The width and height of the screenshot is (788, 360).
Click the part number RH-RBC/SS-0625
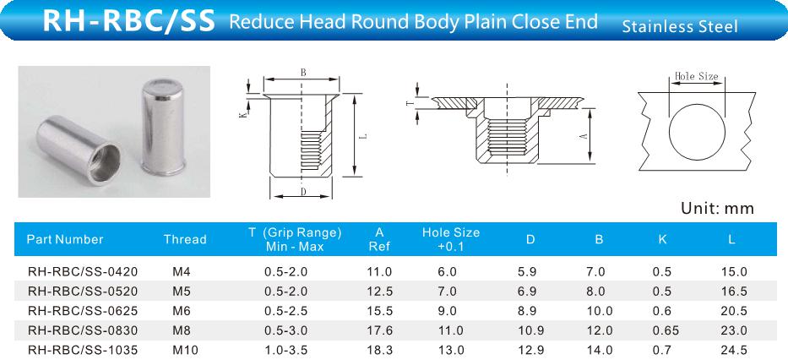pos(83,311)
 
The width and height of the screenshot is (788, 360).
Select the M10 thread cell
pos(185,350)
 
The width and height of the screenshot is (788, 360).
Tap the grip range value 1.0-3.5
pos(285,350)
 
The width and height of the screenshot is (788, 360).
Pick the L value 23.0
pos(734,330)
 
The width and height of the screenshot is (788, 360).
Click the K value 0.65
pos(665,330)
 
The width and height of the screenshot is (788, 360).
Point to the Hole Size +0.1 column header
pos(451,239)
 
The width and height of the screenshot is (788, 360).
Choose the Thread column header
pos(185,239)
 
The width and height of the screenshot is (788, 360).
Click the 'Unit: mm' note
pos(717,208)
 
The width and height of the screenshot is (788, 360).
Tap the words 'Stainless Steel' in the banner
pos(680,26)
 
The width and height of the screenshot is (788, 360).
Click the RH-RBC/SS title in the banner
pos(128,20)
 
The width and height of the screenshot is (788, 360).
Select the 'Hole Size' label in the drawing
pos(696,76)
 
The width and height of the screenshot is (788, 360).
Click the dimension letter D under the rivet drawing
pos(303,192)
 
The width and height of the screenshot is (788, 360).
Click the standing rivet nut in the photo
pos(162,128)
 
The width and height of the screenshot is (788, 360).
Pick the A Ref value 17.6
pos(379,330)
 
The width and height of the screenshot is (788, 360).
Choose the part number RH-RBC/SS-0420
pos(83,271)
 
